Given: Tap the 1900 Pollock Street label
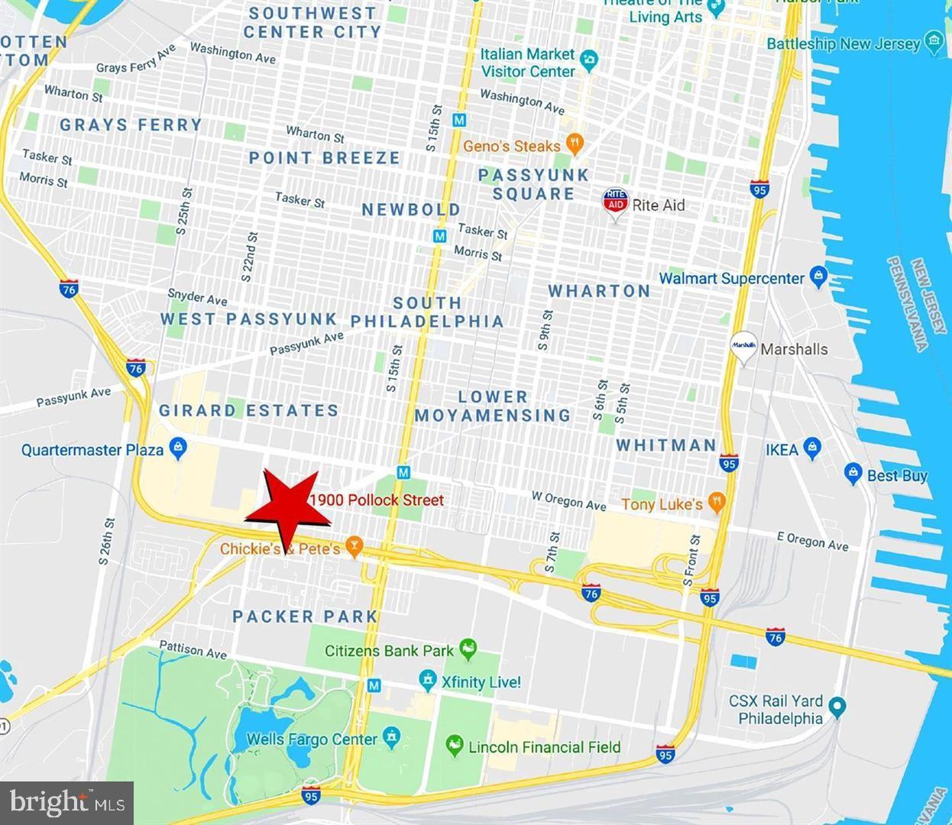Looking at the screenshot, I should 377,500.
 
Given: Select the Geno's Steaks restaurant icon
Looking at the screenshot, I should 575,144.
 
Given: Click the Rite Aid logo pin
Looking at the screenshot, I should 616,203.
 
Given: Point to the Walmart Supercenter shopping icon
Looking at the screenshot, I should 818,276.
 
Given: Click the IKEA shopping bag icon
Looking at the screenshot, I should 813,448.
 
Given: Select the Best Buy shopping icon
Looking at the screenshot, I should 853,474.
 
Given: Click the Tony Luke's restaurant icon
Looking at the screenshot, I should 716,502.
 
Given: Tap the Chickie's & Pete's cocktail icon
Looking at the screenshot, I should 354,547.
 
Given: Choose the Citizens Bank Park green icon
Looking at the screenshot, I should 468,650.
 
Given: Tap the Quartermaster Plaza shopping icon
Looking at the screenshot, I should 178,448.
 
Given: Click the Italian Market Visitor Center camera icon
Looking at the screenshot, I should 588,60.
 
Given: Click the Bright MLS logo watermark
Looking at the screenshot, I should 67,803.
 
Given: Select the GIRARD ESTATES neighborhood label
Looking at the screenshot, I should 248,410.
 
